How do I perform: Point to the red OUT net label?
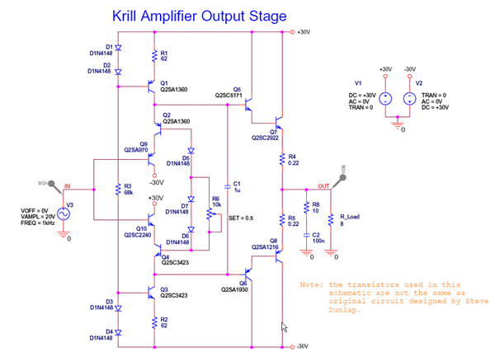[x=323, y=186]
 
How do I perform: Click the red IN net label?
[x=68, y=186]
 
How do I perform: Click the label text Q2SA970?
[x=135, y=150]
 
